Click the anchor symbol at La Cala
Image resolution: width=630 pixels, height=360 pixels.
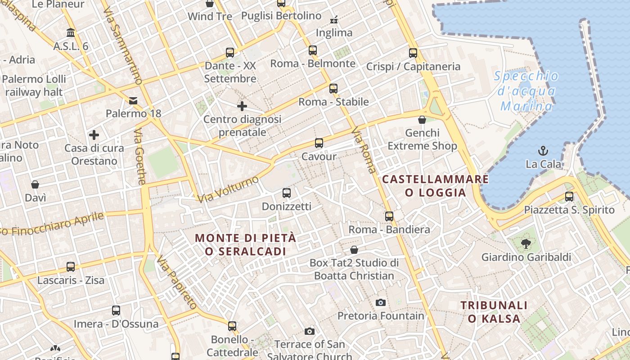click(x=543, y=150)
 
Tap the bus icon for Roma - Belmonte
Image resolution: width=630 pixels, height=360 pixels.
click(x=313, y=50)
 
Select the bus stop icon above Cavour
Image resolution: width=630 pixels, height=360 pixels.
click(x=319, y=143)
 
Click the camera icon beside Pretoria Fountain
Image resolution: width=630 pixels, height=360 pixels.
click(x=381, y=302)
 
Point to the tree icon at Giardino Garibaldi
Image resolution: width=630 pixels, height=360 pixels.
click(x=525, y=244)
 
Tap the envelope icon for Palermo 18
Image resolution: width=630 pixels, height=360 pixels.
click(x=133, y=100)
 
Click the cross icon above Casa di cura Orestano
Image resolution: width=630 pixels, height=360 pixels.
click(x=94, y=135)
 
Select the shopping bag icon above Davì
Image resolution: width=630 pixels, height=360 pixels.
click(x=35, y=184)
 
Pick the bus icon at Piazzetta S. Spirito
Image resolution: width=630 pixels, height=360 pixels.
click(x=569, y=196)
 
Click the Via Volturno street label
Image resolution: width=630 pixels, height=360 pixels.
click(x=228, y=189)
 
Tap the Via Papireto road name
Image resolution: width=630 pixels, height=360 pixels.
click(x=176, y=282)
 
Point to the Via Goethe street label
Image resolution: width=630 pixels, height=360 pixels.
click(x=140, y=157)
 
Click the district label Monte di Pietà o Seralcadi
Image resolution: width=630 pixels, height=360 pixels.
click(x=246, y=244)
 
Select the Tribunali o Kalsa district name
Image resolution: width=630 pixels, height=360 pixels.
click(x=494, y=312)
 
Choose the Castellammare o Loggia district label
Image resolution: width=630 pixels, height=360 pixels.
click(x=435, y=185)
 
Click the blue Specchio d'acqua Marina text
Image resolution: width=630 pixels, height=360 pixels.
click(x=526, y=91)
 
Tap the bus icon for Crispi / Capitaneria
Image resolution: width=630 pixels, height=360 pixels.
click(x=413, y=53)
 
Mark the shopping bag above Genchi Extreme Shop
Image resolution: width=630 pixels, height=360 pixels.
click(x=422, y=120)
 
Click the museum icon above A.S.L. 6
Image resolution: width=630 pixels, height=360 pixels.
click(x=71, y=32)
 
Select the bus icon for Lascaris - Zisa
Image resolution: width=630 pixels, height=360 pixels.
click(x=71, y=266)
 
